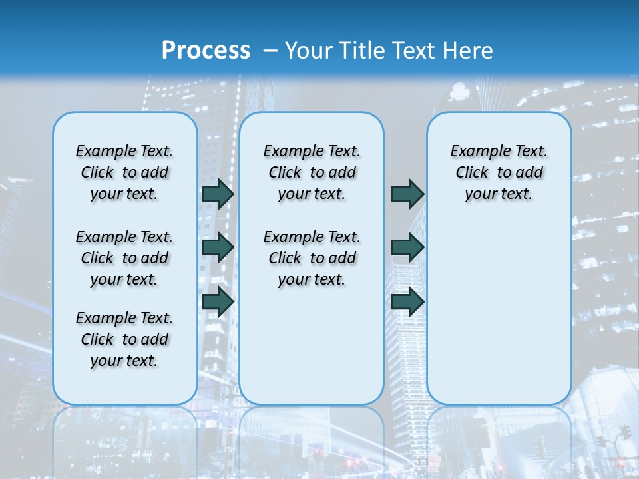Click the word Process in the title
(206, 51)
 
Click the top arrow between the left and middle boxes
(218, 194)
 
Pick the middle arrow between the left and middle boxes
(218, 247)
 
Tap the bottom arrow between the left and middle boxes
(218, 301)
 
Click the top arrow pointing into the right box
(407, 194)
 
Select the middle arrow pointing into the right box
(407, 247)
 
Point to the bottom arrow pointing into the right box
(407, 301)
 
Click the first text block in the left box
(124, 172)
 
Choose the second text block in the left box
(124, 258)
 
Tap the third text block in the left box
(124, 339)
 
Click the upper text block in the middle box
(312, 172)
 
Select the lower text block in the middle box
(312, 258)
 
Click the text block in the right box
(499, 172)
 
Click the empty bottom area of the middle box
(312, 353)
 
